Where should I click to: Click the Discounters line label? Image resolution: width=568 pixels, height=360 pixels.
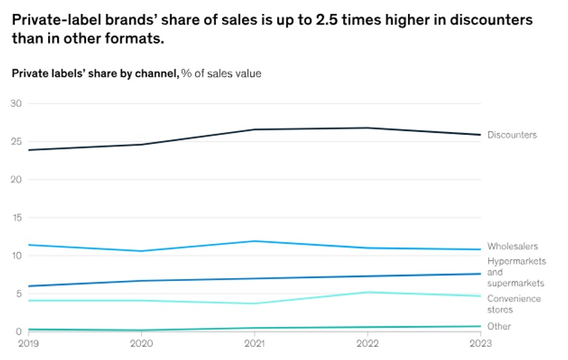tap(511, 135)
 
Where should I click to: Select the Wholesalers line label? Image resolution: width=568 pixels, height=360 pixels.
tap(512, 246)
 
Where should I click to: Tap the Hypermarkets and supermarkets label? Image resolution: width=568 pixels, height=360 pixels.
tap(516, 272)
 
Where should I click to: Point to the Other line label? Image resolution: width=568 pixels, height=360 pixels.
tap(499, 326)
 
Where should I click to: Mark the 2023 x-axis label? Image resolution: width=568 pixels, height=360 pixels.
tap(481, 343)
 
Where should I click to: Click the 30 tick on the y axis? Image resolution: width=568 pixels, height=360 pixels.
tap(16, 103)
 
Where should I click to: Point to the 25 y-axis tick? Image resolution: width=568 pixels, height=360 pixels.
tap(16, 142)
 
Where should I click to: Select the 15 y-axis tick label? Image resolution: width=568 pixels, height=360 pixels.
tap(16, 217)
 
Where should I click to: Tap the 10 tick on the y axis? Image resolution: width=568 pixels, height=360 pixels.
tap(16, 256)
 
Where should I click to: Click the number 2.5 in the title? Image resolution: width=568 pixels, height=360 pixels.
tap(322, 20)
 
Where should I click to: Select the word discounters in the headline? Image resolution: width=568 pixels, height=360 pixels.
tap(486, 20)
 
